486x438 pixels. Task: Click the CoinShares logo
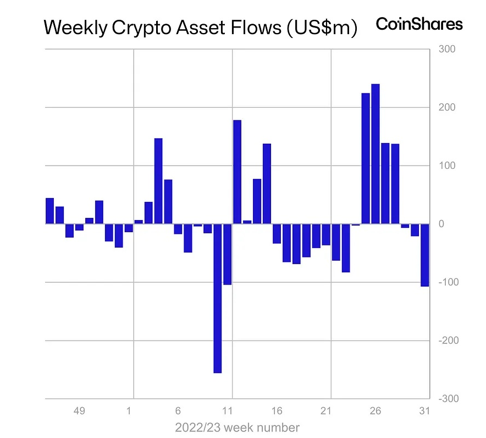pos(419,24)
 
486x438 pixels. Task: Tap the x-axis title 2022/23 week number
pos(238,428)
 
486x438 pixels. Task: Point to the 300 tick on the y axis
pos(447,50)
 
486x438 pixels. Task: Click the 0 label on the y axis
pos(441,224)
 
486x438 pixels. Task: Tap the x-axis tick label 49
pos(79,411)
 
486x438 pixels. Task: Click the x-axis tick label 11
pos(227,411)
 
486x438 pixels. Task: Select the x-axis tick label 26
pos(375,411)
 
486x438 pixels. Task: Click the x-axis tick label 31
pos(424,411)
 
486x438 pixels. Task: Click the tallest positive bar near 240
pos(375,154)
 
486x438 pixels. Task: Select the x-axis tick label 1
pos(129,411)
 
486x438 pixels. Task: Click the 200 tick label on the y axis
pos(447,107)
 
